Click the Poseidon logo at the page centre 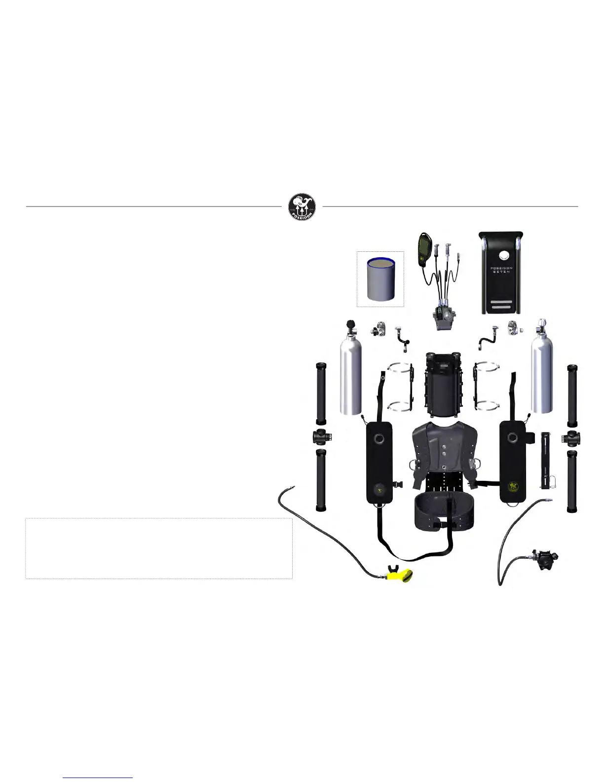coord(302,207)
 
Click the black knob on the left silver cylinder coord(350,324)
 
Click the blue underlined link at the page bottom coord(98,777)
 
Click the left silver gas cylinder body coord(350,375)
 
